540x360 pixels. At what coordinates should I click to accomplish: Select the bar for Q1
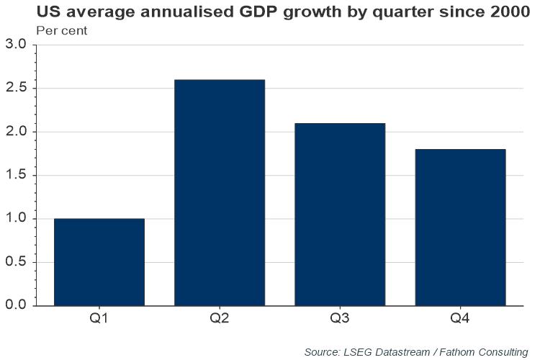pyautogui.click(x=99, y=262)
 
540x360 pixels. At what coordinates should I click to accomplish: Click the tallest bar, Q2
pyautogui.click(x=220, y=192)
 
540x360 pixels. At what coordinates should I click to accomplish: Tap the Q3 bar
pyautogui.click(x=340, y=215)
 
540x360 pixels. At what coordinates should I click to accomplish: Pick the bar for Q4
pyautogui.click(x=460, y=228)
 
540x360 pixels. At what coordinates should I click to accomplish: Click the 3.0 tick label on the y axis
pyautogui.click(x=16, y=45)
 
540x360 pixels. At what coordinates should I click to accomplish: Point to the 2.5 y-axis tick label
pyautogui.click(x=16, y=89)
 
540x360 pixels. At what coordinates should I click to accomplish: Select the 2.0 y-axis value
pyautogui.click(x=16, y=132)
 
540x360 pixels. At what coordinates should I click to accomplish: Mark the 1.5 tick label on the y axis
pyautogui.click(x=16, y=176)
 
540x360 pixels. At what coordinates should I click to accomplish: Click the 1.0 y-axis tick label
pyautogui.click(x=16, y=219)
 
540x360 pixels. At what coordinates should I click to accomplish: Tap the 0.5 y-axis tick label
pyautogui.click(x=16, y=263)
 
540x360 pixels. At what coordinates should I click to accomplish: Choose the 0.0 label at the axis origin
pyautogui.click(x=16, y=306)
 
